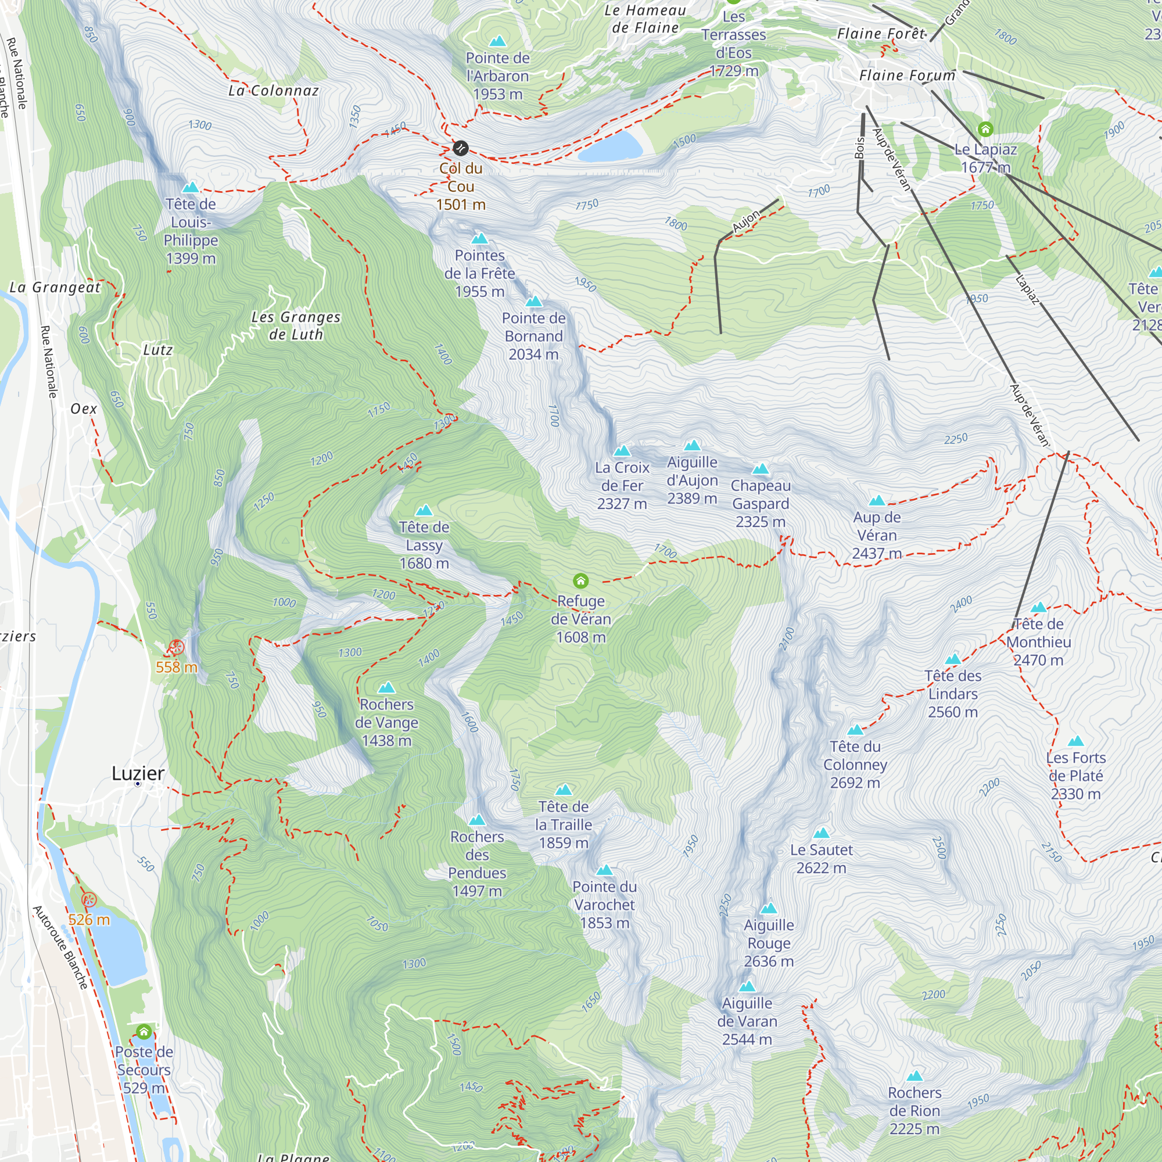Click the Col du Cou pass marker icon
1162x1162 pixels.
point(460,148)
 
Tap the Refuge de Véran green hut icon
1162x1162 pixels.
point(580,580)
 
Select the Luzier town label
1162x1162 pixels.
point(138,773)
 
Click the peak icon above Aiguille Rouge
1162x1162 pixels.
point(769,909)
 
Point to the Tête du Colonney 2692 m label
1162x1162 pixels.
point(855,765)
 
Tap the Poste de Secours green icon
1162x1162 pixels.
point(144,1032)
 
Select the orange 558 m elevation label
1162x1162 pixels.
point(176,667)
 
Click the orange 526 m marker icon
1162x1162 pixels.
point(89,900)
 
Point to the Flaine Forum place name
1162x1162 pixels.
point(907,76)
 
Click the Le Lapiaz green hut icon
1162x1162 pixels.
point(985,129)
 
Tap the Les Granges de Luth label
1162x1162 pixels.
point(296,325)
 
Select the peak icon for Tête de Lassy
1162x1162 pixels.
point(424,510)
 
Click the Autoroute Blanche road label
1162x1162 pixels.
point(60,946)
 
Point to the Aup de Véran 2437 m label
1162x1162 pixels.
point(877,535)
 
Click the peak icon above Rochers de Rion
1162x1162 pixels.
point(915,1076)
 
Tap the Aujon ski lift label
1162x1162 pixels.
point(747,221)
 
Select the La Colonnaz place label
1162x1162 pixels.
point(274,91)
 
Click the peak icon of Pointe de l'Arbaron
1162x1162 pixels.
point(497,41)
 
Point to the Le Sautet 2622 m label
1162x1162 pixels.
point(821,859)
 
